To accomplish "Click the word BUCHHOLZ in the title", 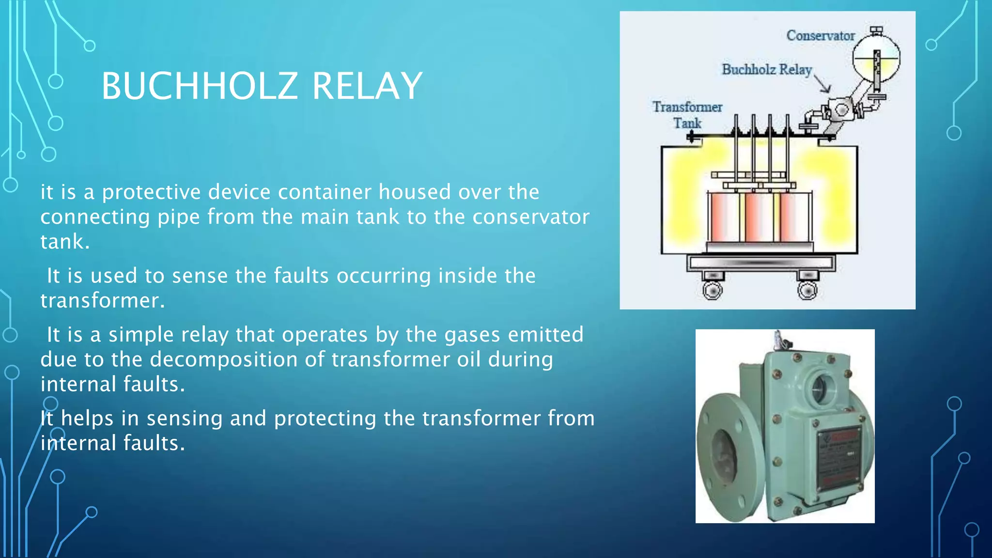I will (x=199, y=86).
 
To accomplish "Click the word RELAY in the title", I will (x=367, y=86).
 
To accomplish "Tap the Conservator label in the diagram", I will (x=820, y=36).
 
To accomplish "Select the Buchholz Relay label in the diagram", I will (x=766, y=70).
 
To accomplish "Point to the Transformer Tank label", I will (x=687, y=115).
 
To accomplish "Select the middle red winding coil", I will (x=759, y=217).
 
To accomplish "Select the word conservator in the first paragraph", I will (x=531, y=217).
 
